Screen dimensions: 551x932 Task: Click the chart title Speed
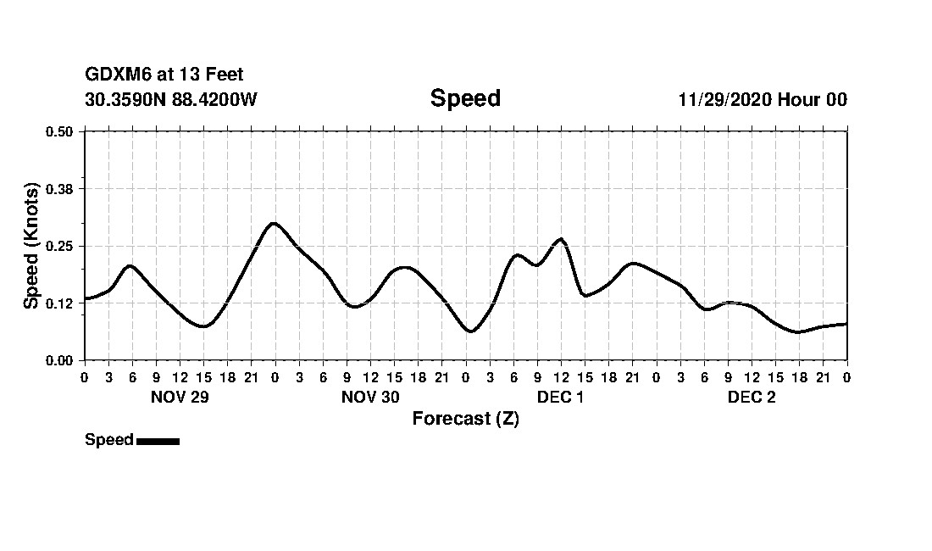pos(465,98)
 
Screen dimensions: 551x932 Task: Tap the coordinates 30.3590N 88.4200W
pos(171,99)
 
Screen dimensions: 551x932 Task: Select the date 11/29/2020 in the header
pos(724,99)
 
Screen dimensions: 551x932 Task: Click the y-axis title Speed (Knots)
pos(31,246)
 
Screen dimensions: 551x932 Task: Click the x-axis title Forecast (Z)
pos(465,419)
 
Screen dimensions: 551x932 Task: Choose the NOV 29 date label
pos(180,397)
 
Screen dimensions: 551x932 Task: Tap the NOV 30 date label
pos(370,397)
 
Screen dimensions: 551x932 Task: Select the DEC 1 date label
pos(560,397)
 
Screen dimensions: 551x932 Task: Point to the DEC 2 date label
pos(752,397)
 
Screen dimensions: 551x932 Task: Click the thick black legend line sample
pos(158,441)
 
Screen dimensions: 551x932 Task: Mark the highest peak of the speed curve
pos(273,223)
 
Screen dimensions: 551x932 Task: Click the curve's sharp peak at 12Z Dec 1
pos(560,239)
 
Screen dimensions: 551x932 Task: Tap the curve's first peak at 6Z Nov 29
pos(130,265)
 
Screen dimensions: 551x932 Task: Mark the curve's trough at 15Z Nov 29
pos(202,326)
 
